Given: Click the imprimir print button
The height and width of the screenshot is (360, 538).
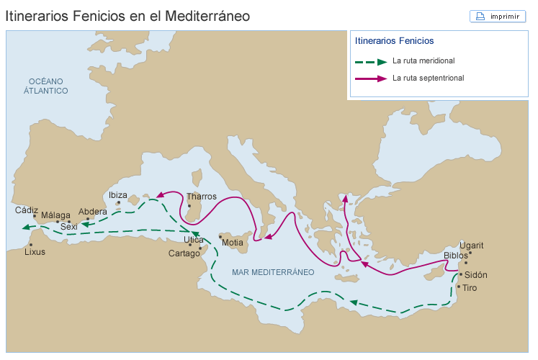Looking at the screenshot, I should coord(498,17).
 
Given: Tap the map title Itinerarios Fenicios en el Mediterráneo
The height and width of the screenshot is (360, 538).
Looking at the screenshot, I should coord(128,15).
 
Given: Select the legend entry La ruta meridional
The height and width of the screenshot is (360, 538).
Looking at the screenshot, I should coord(423,61).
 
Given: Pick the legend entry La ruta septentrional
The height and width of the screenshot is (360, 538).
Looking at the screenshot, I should coord(428,78).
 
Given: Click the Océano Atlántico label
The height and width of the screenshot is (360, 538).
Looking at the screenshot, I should coord(45,86).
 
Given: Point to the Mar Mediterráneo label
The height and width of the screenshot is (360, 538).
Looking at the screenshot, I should coord(273,272).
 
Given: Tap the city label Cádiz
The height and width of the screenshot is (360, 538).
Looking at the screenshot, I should coord(27,210).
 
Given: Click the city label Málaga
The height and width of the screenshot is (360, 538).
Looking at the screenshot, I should coord(55,215).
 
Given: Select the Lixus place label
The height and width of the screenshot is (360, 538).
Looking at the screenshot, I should coord(35,253).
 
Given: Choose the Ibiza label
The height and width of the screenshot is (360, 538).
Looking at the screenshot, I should coord(117,195).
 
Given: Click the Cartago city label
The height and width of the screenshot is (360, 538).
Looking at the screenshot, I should coord(184,253).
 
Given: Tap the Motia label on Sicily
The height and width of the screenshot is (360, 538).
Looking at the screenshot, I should coord(233,243).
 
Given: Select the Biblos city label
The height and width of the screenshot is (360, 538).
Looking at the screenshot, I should coord(456,256).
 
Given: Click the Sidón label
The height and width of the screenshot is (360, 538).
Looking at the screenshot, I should coord(476,275).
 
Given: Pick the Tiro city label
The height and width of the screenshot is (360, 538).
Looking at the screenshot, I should coord(470,288).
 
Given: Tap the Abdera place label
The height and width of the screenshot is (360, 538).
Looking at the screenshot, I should coord(93,212).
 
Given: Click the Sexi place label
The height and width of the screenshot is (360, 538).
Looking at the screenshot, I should coord(69,227).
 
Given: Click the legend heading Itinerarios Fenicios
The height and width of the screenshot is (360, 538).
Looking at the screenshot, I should coord(394,41).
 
